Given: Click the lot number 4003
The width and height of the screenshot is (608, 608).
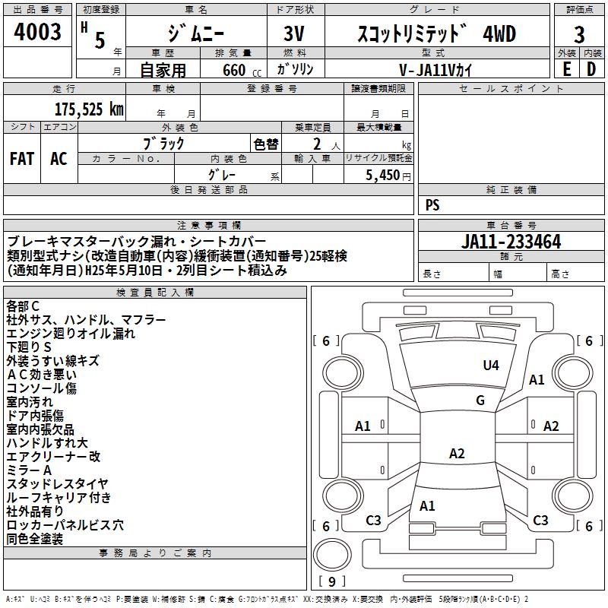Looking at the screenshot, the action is [38, 33].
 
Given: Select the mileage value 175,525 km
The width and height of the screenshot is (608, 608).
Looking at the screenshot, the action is [89, 109].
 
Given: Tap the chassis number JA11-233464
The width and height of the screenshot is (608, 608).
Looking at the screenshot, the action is [511, 242].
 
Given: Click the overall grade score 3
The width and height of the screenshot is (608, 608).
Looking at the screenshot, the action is [579, 35].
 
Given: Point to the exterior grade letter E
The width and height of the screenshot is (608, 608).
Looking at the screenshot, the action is [566, 68].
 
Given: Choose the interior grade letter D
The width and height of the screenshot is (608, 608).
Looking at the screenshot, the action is [591, 68].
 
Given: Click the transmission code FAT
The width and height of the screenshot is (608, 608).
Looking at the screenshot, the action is [21, 159].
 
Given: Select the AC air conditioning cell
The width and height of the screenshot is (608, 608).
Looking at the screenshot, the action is [59, 159].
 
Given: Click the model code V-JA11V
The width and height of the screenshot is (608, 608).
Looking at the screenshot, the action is [430, 69].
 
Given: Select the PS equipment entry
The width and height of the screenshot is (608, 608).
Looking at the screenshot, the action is [432, 205].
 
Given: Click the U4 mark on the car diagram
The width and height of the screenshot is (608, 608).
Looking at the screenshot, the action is [491, 366].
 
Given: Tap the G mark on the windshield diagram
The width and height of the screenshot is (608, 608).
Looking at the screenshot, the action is [480, 401].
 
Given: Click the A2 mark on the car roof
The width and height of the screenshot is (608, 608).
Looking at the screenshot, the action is [456, 454].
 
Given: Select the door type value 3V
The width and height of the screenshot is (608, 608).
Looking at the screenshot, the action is [295, 35].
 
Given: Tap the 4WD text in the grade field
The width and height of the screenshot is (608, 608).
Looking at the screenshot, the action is [499, 34].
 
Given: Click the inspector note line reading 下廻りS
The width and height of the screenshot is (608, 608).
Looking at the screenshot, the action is [29, 347].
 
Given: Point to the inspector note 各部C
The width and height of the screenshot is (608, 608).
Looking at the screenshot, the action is [23, 306].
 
